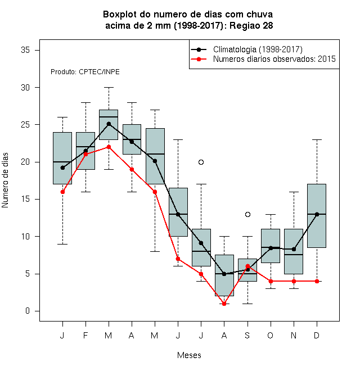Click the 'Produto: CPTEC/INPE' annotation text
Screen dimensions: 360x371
(x=85, y=72)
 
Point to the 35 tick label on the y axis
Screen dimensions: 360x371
(x=25, y=50)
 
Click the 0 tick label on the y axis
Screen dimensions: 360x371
(x=28, y=311)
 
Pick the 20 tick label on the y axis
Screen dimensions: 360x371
(x=25, y=162)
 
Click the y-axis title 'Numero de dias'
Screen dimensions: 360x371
(x=5, y=180)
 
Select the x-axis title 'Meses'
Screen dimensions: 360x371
(x=189, y=355)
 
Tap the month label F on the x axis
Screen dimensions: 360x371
(x=85, y=335)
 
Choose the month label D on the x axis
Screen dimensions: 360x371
(x=317, y=335)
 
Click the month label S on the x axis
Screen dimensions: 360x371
(x=247, y=335)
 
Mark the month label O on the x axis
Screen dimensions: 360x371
(x=270, y=335)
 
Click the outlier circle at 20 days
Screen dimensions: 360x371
(x=201, y=162)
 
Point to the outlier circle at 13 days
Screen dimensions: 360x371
(x=247, y=214)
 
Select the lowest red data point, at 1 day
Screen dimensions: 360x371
(x=224, y=304)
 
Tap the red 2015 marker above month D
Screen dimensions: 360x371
(x=317, y=281)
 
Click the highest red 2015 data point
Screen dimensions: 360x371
(x=109, y=147)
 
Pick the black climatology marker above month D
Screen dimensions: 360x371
(x=317, y=214)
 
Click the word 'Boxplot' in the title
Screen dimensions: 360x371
(x=120, y=15)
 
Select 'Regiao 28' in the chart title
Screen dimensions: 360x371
(x=251, y=25)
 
